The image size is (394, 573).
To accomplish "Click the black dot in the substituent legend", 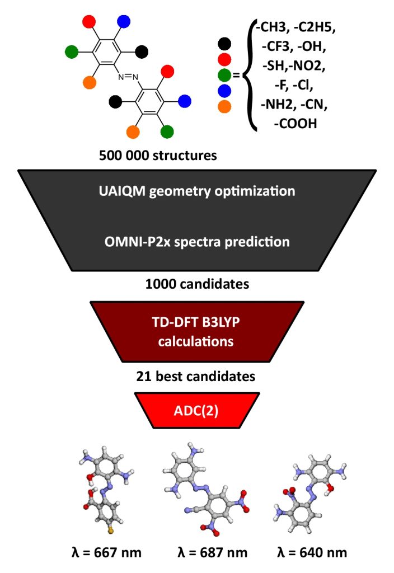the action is (224, 44).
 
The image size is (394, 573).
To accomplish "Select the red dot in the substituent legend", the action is (224, 59).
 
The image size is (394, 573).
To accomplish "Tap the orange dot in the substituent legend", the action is (224, 106).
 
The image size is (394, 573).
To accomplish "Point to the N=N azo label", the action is (128, 77).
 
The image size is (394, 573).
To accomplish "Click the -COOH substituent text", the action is (295, 124).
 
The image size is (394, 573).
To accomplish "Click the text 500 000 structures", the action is (158, 156).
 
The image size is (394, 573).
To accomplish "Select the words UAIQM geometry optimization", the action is (196, 191).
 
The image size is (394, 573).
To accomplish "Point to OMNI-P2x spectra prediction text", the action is (197, 242).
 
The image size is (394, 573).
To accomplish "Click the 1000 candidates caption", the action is (197, 284).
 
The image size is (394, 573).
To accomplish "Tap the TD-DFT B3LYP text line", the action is (196, 322).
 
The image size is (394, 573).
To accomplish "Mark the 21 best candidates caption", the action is (196, 377).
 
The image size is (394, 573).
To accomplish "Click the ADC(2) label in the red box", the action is (196, 411).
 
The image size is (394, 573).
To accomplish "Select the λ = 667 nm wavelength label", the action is (107, 552).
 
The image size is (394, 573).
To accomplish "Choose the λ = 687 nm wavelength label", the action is (213, 552).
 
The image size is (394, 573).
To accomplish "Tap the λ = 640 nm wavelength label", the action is (312, 552).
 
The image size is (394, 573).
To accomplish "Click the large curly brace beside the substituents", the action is (251, 76).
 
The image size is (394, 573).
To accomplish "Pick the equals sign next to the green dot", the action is (237, 76).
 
